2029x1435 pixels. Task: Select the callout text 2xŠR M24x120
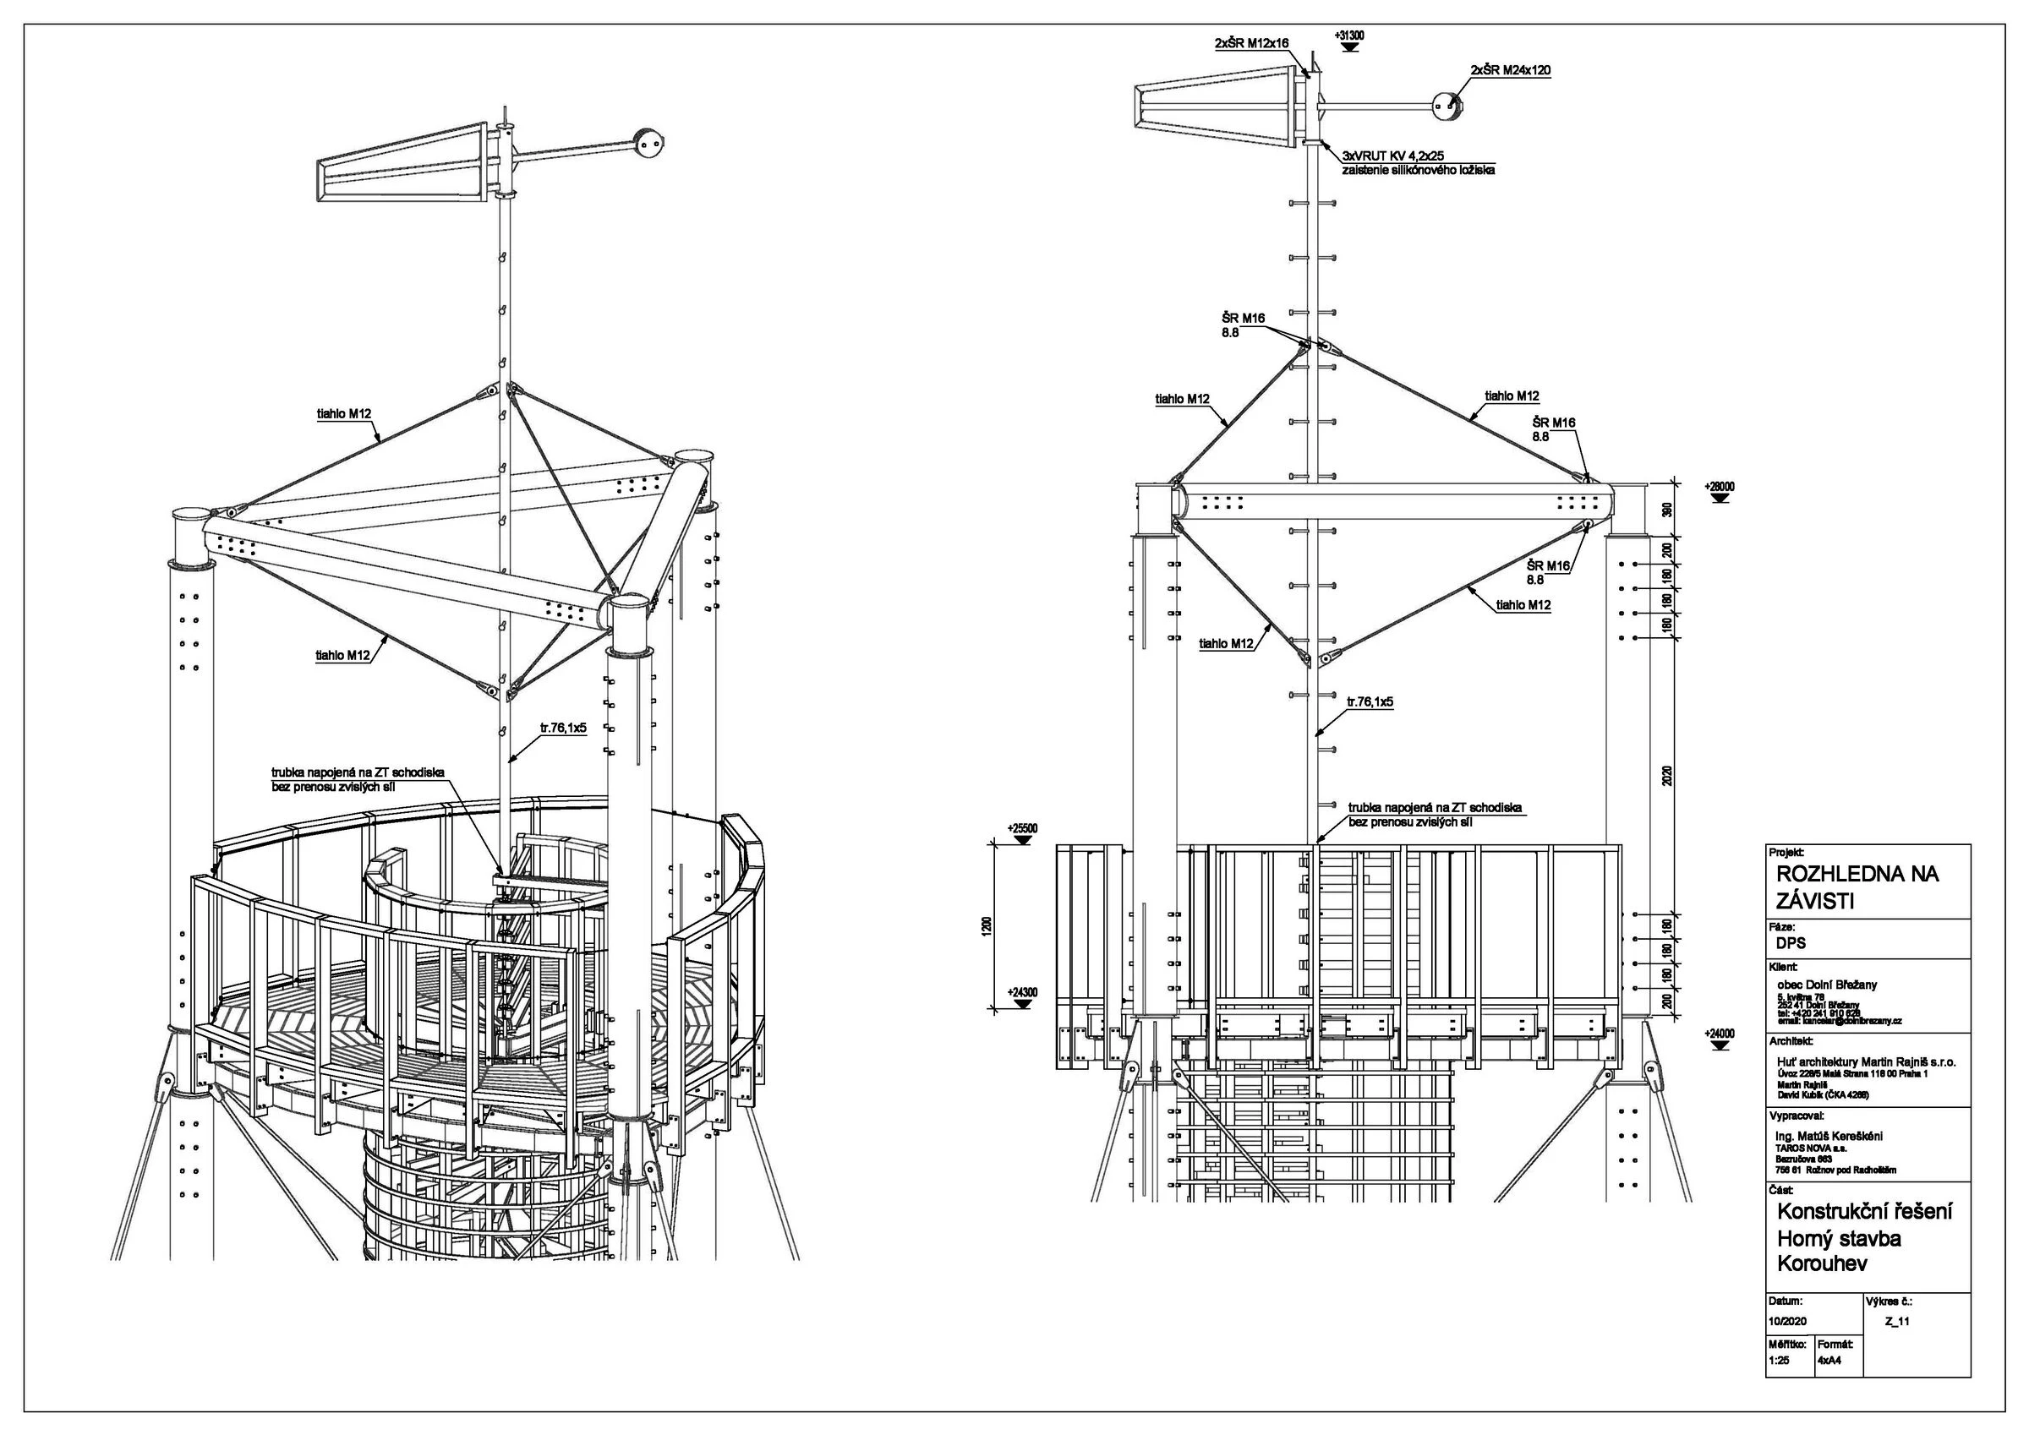click(1510, 70)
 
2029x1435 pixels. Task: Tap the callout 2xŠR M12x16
click(1251, 41)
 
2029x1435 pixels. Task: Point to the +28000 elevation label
click(1719, 486)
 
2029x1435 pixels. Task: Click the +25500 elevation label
click(1022, 828)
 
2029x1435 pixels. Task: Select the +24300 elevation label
click(1022, 992)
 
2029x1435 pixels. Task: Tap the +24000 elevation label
click(1719, 1033)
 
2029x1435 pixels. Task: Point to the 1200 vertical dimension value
click(987, 925)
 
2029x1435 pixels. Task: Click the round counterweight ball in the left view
click(648, 142)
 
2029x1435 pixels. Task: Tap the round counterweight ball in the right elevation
click(1447, 106)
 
